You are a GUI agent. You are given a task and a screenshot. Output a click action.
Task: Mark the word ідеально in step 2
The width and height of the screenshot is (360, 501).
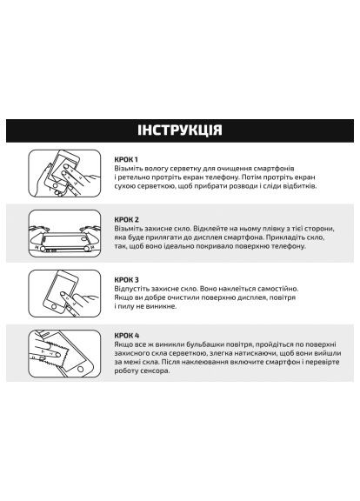pos(186,247)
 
